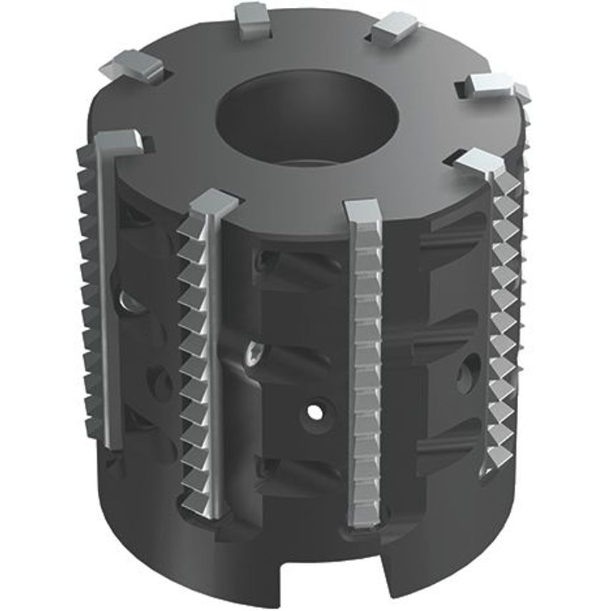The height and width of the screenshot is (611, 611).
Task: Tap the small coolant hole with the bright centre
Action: point(313,413)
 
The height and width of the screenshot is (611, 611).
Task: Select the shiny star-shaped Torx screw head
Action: point(253,352)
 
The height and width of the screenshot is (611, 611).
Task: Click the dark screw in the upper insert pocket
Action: point(267,260)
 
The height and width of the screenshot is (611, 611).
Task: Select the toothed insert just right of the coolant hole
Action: point(365,372)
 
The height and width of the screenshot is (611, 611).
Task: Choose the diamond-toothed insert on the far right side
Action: point(504,322)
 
